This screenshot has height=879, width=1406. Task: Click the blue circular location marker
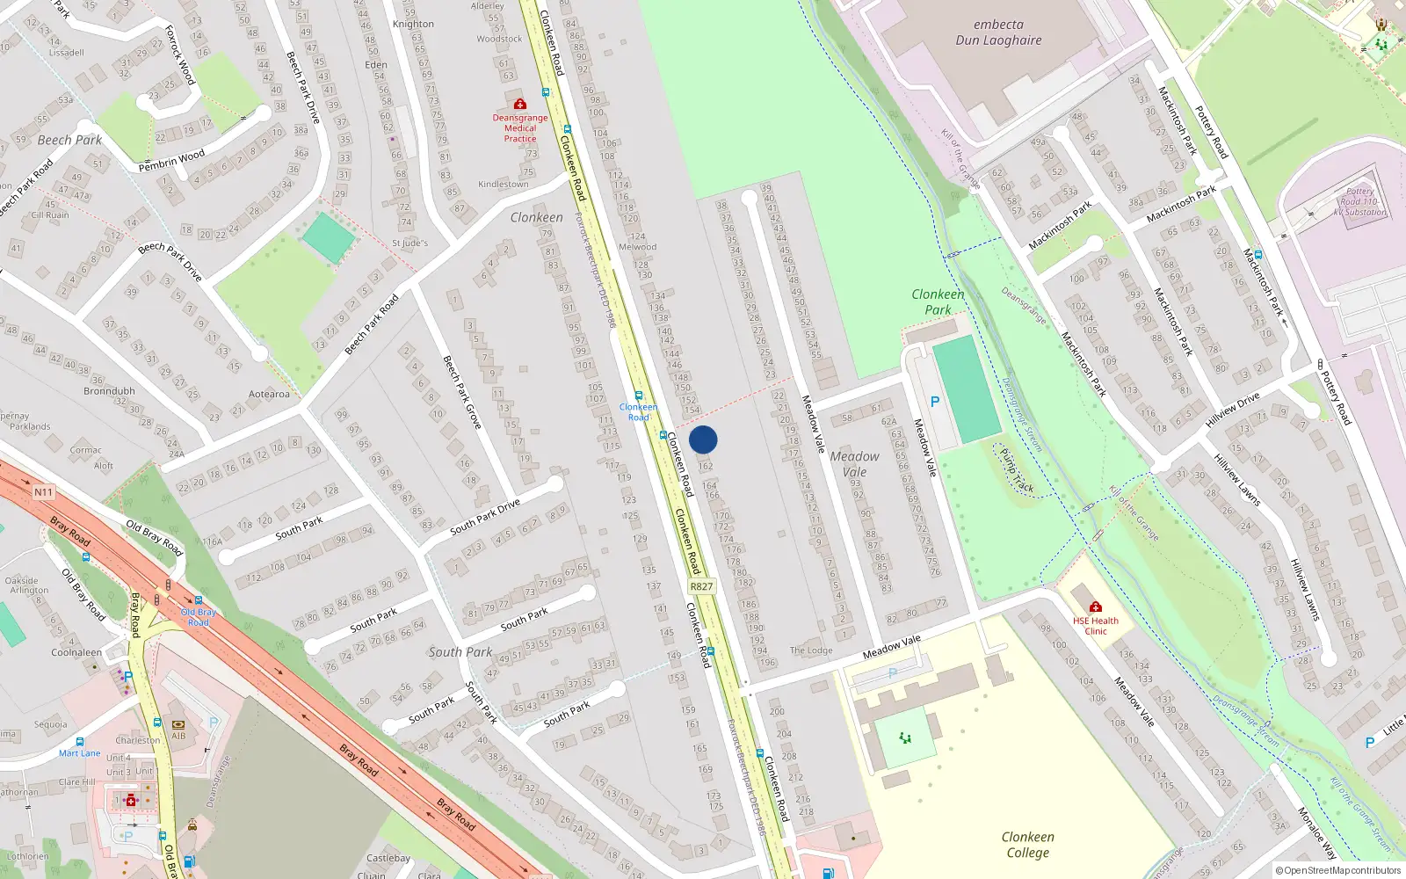click(703, 439)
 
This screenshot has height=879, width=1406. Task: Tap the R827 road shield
click(701, 586)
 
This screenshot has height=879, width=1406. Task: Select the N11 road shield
click(43, 492)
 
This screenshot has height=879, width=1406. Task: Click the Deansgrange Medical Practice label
click(519, 127)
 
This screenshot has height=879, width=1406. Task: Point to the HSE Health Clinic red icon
click(1095, 607)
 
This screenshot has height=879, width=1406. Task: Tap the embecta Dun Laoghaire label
click(998, 33)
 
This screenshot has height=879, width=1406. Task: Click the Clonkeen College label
click(1027, 845)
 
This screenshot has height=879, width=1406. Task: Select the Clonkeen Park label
click(938, 301)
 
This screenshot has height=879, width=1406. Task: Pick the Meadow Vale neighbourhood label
click(854, 464)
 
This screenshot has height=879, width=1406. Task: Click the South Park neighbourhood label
click(460, 652)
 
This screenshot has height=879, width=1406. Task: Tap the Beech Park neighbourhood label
click(69, 140)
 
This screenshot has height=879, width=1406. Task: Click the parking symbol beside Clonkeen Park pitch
click(934, 402)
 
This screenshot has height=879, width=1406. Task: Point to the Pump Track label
click(1017, 471)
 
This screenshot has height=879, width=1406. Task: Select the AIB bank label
click(178, 736)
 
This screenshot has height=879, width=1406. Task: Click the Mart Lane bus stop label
click(79, 753)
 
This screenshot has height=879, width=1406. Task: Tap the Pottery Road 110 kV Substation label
click(1359, 201)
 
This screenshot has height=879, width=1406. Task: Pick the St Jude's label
click(409, 243)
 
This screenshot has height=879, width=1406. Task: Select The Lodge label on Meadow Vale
click(810, 650)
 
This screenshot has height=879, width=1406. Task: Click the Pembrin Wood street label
click(171, 160)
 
